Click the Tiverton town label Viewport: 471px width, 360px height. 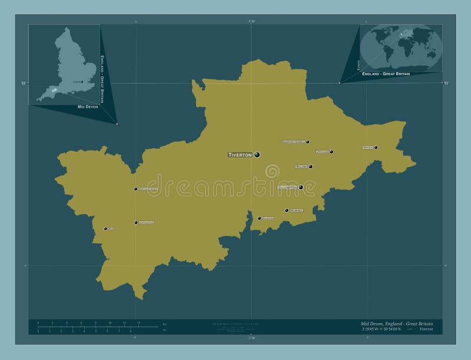(x=240, y=155)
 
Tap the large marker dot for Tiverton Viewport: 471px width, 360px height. (x=257, y=155)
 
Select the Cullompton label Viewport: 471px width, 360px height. (x=287, y=188)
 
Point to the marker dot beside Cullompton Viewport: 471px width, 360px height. (x=301, y=188)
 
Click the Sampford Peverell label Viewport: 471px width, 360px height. (x=294, y=142)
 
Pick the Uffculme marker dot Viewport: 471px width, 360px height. (x=331, y=152)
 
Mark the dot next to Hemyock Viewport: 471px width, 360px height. (x=376, y=147)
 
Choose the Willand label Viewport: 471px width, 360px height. (x=301, y=166)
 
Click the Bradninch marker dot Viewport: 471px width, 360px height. (x=287, y=210)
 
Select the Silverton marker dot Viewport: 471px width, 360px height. (x=259, y=218)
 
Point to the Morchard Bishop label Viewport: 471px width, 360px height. (x=148, y=189)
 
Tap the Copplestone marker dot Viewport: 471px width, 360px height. (x=136, y=222)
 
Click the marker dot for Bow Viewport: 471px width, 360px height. (x=105, y=229)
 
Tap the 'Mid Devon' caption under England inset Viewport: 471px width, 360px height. (x=88, y=107)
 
